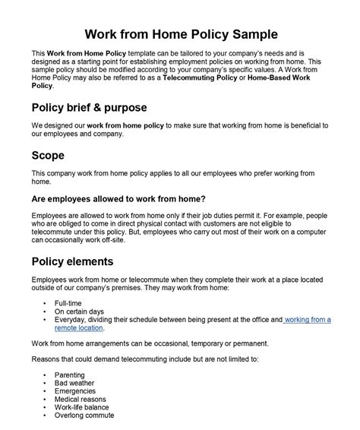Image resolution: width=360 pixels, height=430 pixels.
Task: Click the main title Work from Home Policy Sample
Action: (x=180, y=34)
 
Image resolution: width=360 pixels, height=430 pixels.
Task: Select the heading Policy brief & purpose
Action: (x=90, y=107)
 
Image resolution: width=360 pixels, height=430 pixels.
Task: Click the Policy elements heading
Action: (x=73, y=261)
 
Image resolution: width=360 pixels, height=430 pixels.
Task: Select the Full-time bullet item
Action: (x=69, y=303)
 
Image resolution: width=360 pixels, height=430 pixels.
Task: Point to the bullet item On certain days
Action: (x=80, y=311)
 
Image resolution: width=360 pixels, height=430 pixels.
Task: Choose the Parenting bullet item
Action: (x=71, y=375)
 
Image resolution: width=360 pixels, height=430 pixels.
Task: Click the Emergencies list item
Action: (x=77, y=391)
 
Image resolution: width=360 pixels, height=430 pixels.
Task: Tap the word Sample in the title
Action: (x=257, y=34)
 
